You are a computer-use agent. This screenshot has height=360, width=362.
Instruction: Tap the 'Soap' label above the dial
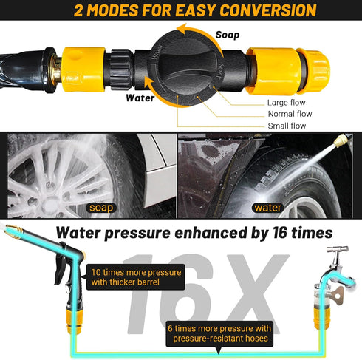tap(227, 34)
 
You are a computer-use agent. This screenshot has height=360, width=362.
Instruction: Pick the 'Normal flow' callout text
tap(290, 114)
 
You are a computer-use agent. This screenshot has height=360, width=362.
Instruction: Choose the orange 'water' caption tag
tap(267, 208)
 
